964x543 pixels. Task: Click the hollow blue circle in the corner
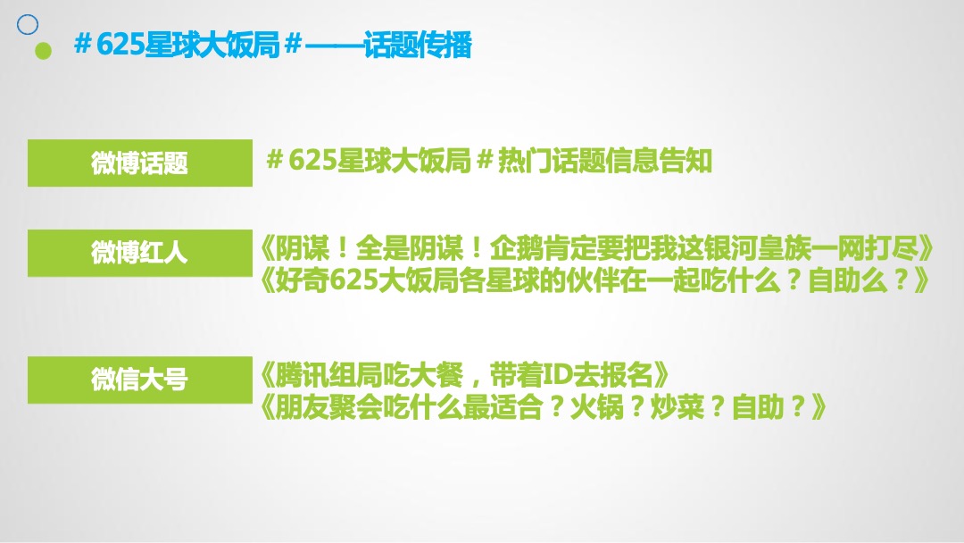click(x=28, y=23)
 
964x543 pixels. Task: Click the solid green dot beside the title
click(x=43, y=50)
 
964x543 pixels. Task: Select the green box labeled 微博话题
click(x=139, y=163)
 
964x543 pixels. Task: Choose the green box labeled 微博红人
click(x=139, y=253)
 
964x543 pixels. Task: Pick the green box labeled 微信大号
click(x=139, y=379)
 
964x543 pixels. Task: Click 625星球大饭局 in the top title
click(x=187, y=45)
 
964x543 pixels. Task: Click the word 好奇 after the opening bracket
click(x=303, y=281)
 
